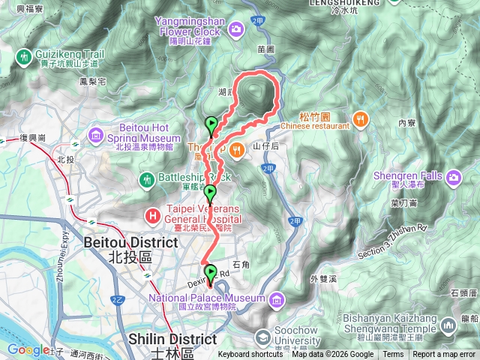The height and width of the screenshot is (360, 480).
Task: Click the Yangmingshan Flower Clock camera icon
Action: (236, 28)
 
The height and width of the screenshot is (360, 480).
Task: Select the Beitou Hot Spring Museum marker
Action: (96, 136)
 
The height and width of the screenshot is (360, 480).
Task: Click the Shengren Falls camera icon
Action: (454, 178)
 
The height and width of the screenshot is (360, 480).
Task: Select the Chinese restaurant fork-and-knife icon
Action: (361, 118)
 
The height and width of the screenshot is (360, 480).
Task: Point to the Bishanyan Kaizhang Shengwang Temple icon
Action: (448, 325)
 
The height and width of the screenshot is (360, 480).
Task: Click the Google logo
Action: (28, 349)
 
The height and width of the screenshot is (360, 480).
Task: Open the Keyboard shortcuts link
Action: (250, 355)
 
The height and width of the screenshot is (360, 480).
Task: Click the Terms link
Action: (393, 355)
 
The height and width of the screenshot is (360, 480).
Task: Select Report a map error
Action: (445, 355)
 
